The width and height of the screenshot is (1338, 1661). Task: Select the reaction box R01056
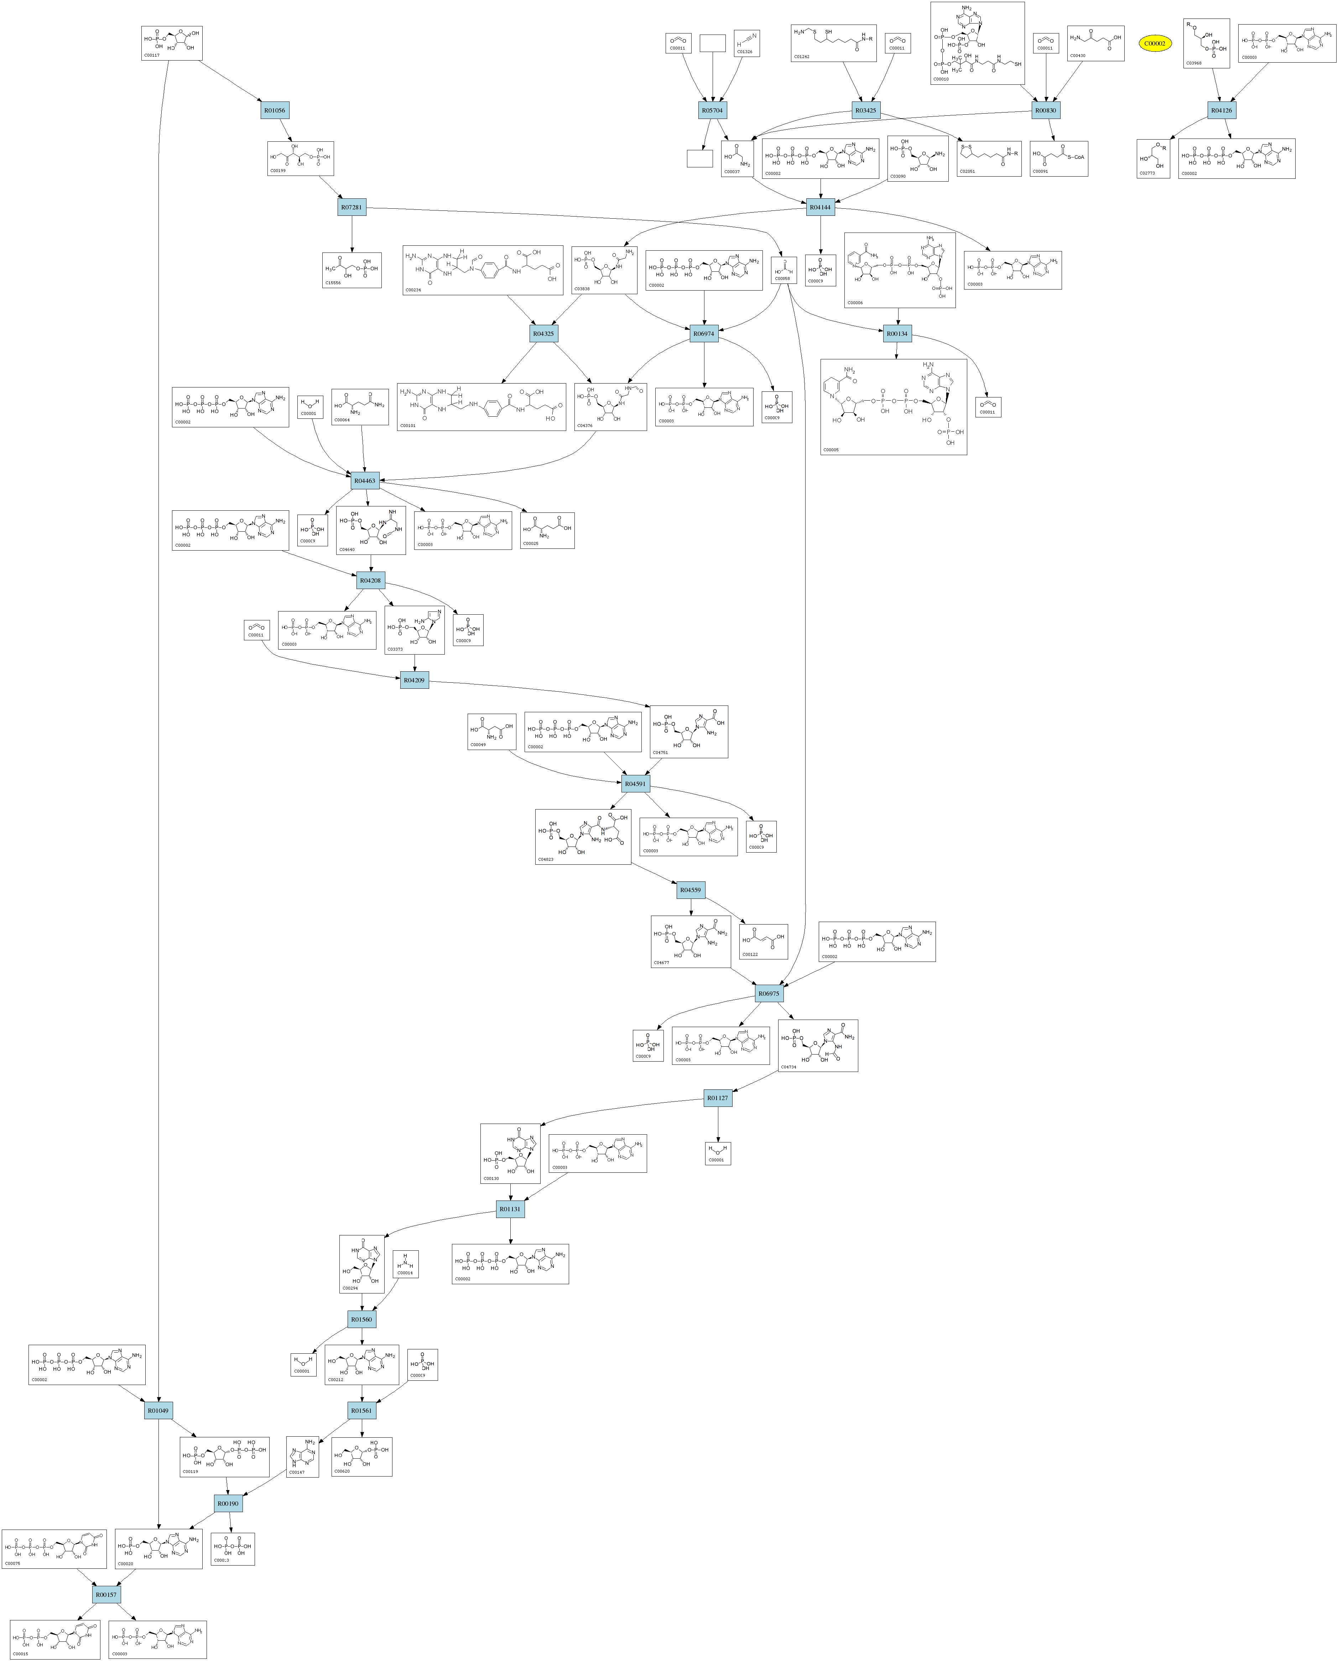tap(274, 110)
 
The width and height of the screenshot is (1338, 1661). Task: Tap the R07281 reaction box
tap(352, 207)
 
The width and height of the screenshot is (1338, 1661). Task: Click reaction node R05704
tap(712, 110)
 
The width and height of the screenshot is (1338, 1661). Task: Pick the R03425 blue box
tap(866, 110)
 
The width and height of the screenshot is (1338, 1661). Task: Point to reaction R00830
tap(1046, 110)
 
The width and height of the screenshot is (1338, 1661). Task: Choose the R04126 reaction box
tap(1222, 110)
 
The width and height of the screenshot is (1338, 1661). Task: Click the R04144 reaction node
tap(821, 207)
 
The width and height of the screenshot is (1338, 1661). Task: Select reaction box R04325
tap(543, 334)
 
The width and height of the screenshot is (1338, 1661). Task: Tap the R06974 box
tap(704, 334)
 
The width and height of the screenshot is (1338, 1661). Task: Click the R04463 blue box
tap(365, 481)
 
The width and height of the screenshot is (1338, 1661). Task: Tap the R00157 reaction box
tap(106, 1594)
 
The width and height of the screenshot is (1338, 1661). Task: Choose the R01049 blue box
tap(158, 1411)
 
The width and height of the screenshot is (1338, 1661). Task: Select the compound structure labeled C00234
tap(483, 270)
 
